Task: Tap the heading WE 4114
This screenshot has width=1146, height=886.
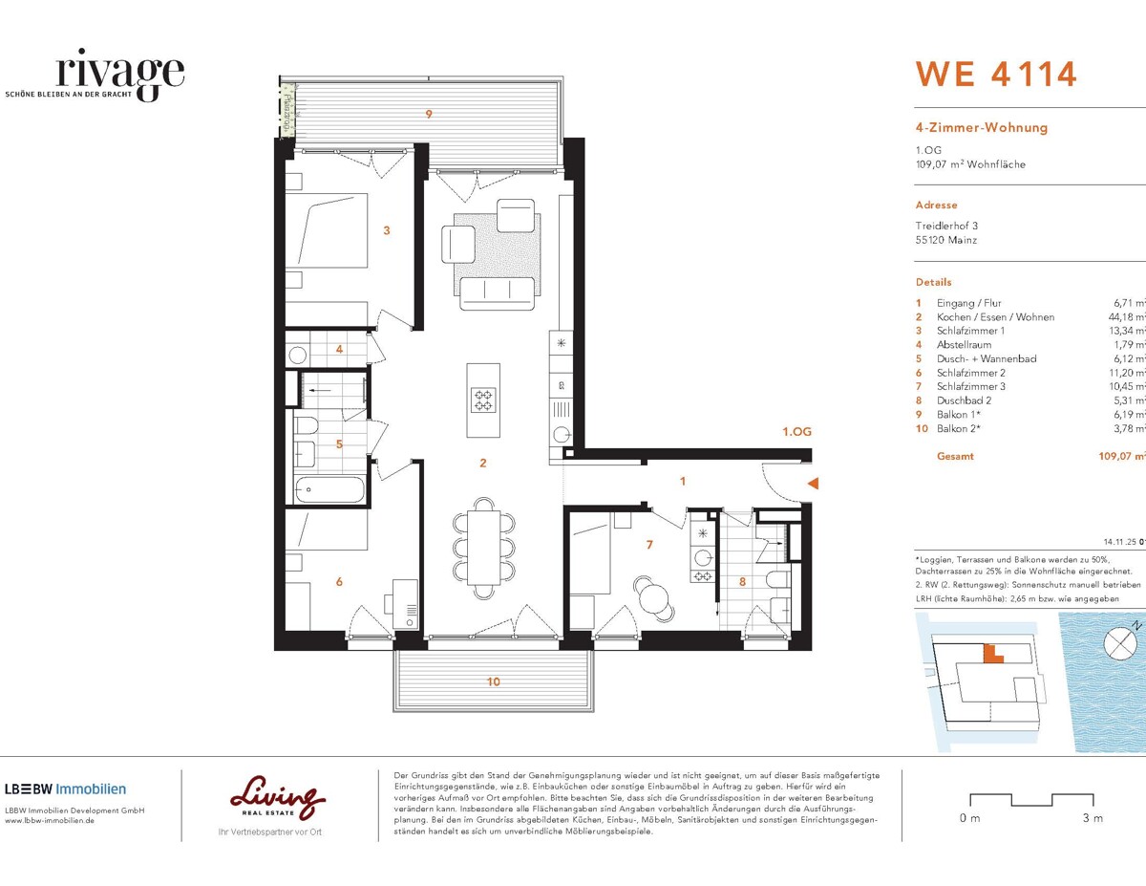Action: pyautogui.click(x=996, y=75)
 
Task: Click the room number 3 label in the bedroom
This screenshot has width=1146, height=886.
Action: pyautogui.click(x=386, y=229)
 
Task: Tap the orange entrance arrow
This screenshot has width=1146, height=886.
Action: pyautogui.click(x=813, y=485)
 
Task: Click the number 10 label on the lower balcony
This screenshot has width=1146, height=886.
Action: pyautogui.click(x=493, y=681)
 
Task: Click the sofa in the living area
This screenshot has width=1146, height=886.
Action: pyautogui.click(x=497, y=292)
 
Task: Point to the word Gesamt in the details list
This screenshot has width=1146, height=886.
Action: pyautogui.click(x=955, y=456)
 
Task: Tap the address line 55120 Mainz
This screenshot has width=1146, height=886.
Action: pyautogui.click(x=946, y=240)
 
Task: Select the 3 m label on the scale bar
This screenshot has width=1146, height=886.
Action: pyautogui.click(x=1093, y=818)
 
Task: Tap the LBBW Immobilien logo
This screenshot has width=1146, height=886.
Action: pyautogui.click(x=65, y=789)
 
